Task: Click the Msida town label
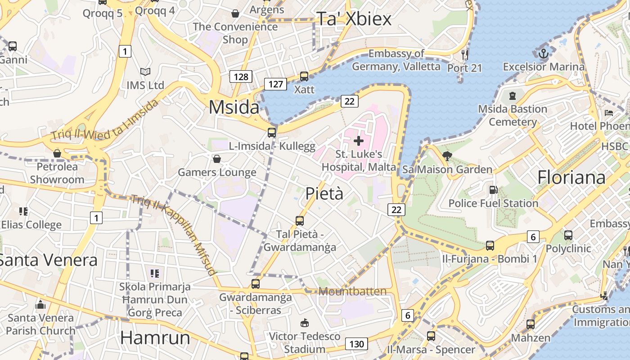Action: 234,108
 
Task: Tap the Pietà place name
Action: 324,193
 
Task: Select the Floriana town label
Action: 571,177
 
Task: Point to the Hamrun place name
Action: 155,337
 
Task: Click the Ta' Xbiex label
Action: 354,19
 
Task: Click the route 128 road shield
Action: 241,76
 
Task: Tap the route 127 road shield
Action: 275,84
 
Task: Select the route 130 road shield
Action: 356,344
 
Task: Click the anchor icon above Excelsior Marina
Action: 544,54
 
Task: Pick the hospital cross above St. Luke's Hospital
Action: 359,141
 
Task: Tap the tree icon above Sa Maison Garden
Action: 447,156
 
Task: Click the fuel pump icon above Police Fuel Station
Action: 493,190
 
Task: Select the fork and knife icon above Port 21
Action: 465,55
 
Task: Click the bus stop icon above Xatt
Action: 304,76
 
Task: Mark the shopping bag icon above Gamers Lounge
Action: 217,159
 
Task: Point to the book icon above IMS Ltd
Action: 145,72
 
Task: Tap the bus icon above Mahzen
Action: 531,324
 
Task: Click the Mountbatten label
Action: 352,291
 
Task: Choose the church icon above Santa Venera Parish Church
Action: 40,305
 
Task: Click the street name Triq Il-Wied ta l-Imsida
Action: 104,120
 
